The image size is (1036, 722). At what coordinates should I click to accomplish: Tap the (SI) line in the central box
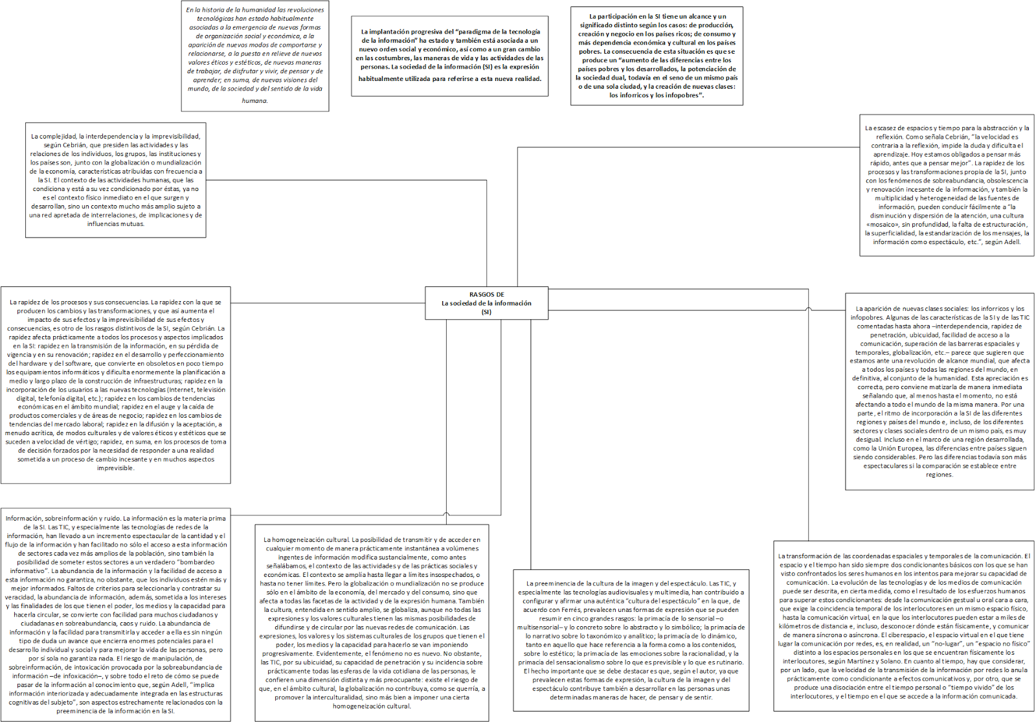click(486, 312)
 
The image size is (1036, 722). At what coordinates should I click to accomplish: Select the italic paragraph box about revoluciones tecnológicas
click(255, 55)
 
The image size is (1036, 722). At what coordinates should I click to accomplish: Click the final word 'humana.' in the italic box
click(255, 100)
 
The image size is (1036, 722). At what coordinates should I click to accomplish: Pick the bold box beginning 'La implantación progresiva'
click(449, 56)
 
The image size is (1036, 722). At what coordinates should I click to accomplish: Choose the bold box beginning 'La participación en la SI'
click(657, 56)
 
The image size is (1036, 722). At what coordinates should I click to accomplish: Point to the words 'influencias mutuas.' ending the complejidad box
click(116, 224)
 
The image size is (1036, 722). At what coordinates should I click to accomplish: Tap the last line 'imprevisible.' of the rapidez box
click(116, 468)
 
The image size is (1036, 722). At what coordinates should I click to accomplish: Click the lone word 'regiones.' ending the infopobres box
click(939, 475)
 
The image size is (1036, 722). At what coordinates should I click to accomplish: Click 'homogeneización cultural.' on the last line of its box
click(372, 706)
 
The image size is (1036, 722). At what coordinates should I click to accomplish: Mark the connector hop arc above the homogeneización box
click(446, 514)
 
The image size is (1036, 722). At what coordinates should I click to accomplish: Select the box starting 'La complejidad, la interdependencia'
click(116, 180)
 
